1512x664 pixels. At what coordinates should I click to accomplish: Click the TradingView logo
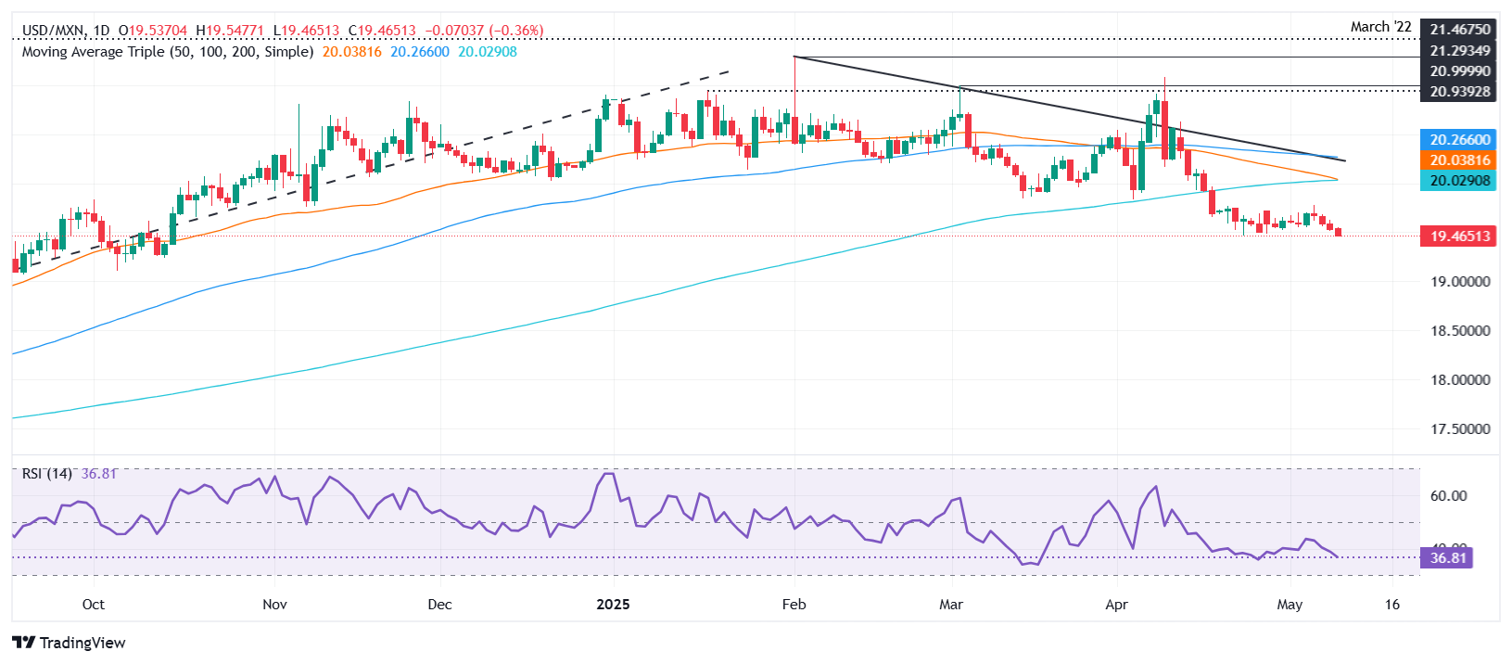tap(70, 643)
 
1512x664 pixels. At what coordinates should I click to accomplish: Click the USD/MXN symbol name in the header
tap(52, 31)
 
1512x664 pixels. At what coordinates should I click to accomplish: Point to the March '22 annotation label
tap(1380, 27)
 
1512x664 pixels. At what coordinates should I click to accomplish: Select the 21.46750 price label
tap(1460, 31)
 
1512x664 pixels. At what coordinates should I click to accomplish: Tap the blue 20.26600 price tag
tap(1460, 140)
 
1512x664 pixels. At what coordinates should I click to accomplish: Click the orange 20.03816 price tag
tap(1460, 160)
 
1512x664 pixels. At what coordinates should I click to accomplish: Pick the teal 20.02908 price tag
tap(1460, 181)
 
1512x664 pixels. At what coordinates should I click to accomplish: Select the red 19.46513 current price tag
tap(1460, 236)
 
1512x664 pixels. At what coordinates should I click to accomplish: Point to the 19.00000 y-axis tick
tap(1460, 282)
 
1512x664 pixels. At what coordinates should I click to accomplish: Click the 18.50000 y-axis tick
tap(1460, 331)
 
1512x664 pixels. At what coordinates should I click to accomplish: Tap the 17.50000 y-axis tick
tap(1460, 429)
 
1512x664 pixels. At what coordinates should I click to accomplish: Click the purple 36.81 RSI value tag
tap(1447, 558)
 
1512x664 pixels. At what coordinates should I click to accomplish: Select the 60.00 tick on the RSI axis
tap(1448, 496)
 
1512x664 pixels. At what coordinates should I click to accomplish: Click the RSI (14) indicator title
tap(47, 474)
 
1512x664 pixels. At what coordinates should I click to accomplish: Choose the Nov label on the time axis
tap(274, 605)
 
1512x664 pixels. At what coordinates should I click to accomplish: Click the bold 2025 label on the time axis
tap(613, 605)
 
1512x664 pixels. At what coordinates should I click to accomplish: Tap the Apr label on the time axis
tap(1116, 605)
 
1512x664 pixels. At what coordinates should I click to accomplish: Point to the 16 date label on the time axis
tap(1391, 605)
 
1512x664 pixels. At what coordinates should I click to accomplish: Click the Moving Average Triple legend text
tap(167, 52)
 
